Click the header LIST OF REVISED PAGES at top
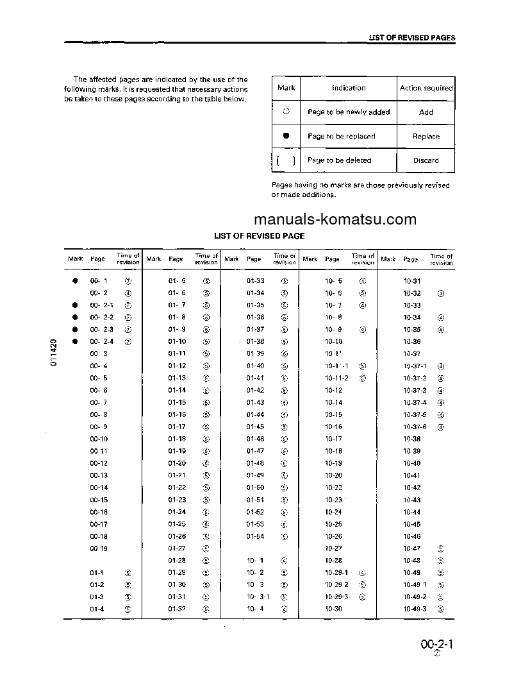tap(411, 38)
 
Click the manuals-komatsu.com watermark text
tap(335, 219)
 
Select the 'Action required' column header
tap(426, 88)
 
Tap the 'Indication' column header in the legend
tap(349, 88)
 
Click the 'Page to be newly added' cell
tap(349, 112)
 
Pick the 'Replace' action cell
tap(426, 137)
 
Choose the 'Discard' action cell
tap(426, 160)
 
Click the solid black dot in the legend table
tap(286, 136)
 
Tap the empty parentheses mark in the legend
tap(286, 160)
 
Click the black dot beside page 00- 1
tap(75, 281)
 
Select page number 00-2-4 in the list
tap(102, 342)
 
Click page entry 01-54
tap(255, 536)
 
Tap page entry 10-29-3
tap(336, 597)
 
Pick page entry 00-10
tap(99, 439)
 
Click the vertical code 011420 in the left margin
tap(54, 352)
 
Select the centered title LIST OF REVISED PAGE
tap(259, 236)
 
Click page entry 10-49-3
tap(415, 609)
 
